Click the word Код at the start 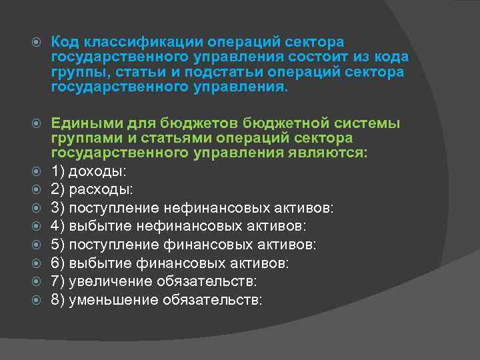tap(66, 42)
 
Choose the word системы tap(358, 123)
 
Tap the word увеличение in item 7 tap(107, 282)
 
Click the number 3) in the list tap(58, 209)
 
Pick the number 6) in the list tap(58, 263)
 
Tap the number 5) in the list tap(58, 245)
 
